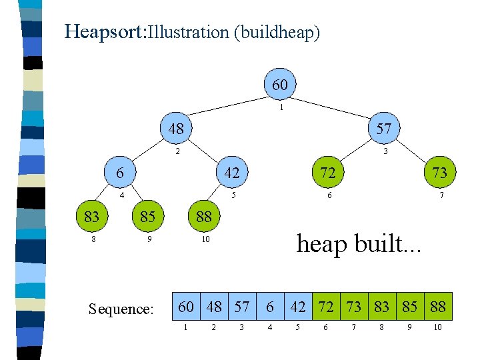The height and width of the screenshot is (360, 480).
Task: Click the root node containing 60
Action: (x=280, y=85)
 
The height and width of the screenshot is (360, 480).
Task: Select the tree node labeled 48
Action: (x=176, y=128)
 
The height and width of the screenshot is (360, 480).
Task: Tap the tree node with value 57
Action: (x=383, y=128)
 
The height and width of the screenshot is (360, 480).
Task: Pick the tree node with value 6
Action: (x=119, y=172)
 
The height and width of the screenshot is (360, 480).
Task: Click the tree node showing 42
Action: (x=231, y=172)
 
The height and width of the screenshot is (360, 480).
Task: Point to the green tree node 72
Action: (x=327, y=172)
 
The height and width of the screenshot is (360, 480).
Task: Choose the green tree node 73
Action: (x=439, y=172)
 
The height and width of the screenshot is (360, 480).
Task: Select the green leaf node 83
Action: (x=91, y=216)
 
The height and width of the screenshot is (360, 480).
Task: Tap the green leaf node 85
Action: (x=147, y=216)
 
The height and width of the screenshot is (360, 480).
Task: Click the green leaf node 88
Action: (x=203, y=216)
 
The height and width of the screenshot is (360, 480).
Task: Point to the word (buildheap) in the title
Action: (x=277, y=32)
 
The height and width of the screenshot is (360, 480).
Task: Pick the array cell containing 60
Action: (x=186, y=306)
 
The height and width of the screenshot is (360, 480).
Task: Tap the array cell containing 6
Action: (x=270, y=306)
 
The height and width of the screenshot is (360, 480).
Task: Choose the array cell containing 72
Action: (x=326, y=306)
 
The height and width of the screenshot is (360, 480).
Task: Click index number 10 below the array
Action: (x=437, y=327)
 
